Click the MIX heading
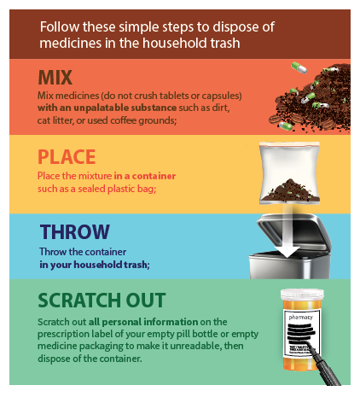click(55, 78)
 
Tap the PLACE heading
click(67, 157)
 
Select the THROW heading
click(75, 231)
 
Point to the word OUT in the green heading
click(146, 301)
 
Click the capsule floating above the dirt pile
click(299, 67)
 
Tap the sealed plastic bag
click(289, 172)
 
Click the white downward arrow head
click(287, 251)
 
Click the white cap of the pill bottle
click(302, 295)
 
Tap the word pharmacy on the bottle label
click(300, 318)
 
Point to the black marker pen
click(325, 365)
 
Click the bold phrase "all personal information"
click(143, 322)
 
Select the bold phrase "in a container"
click(145, 176)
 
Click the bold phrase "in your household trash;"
click(95, 265)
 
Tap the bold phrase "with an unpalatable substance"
click(107, 108)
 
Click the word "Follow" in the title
click(60, 26)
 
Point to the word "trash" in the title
click(225, 43)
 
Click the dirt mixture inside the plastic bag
click(289, 190)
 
